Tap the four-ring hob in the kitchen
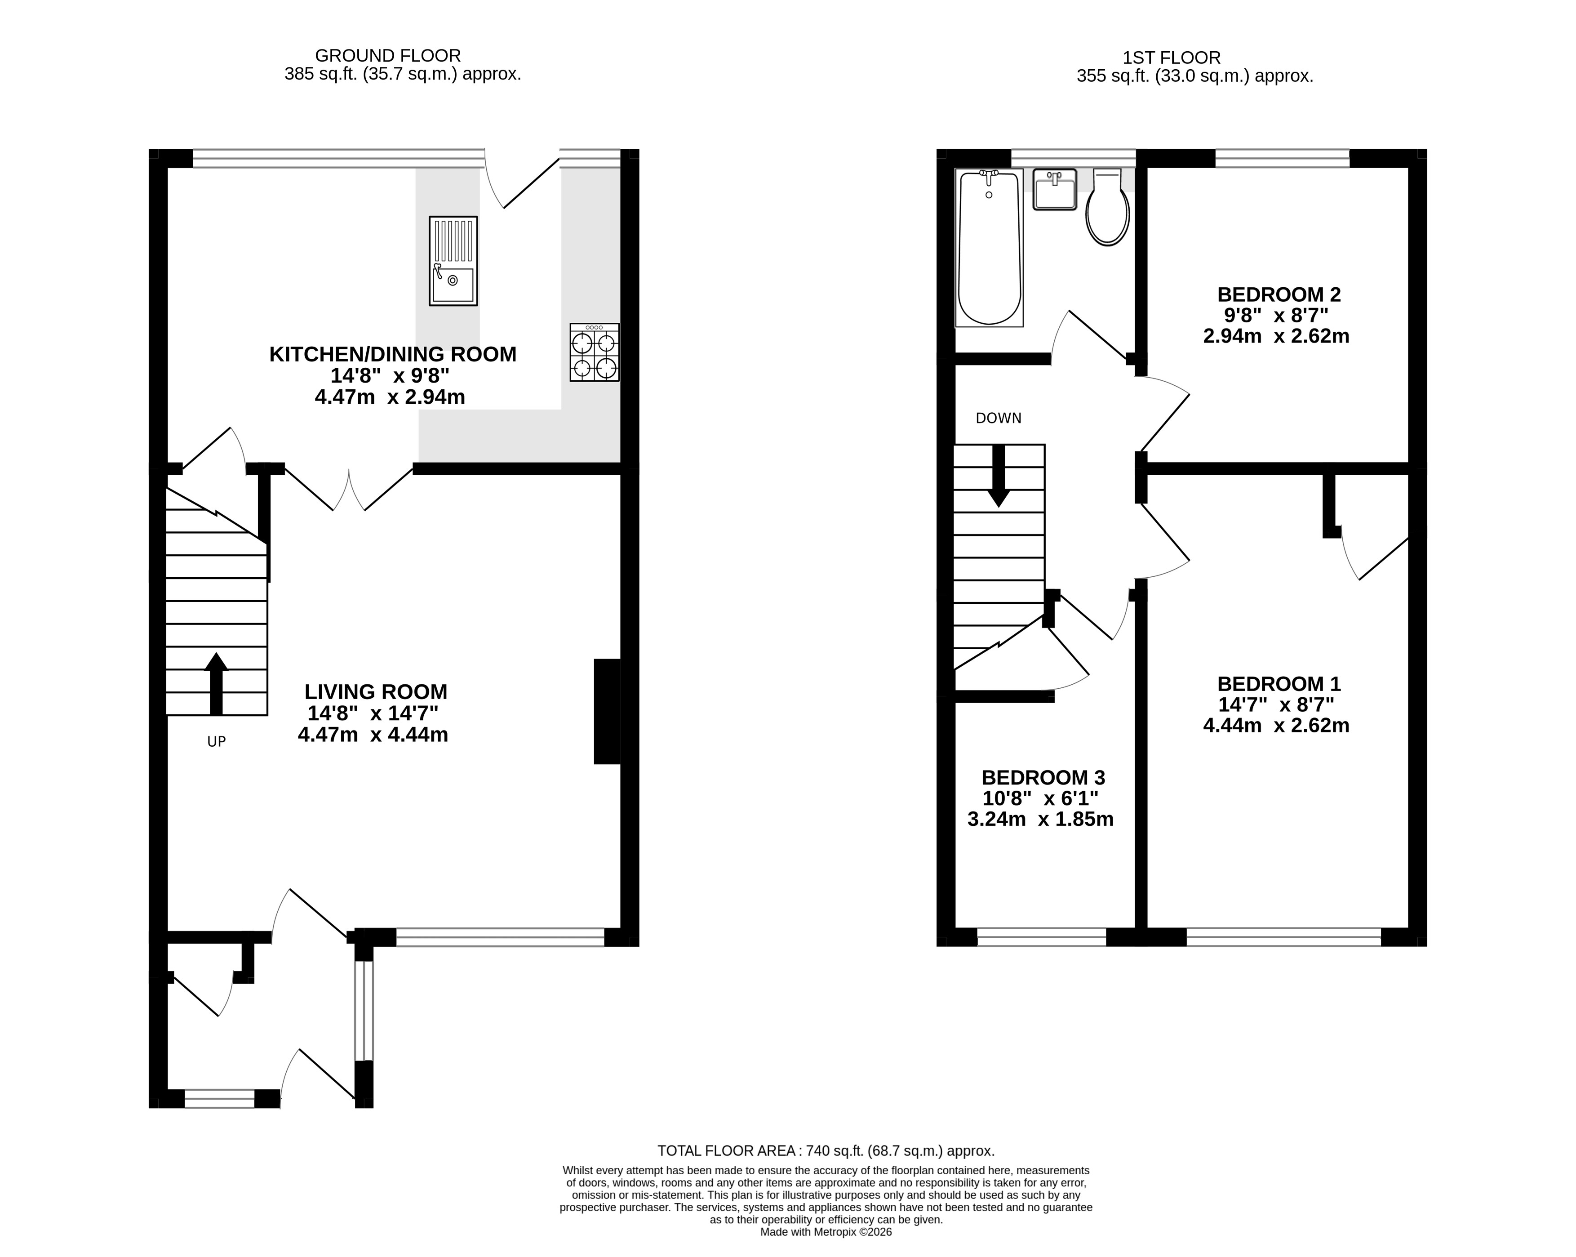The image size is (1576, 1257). [x=594, y=352]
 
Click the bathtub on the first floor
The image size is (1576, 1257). [x=989, y=247]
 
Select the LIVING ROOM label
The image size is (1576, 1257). [x=376, y=692]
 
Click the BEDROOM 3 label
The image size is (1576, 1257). [x=1043, y=777]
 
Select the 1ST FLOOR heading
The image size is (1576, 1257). [x=1171, y=58]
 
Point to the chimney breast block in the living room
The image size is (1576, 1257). [x=607, y=712]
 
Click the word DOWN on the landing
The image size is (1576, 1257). [x=999, y=418]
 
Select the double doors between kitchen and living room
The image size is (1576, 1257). [x=350, y=490]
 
